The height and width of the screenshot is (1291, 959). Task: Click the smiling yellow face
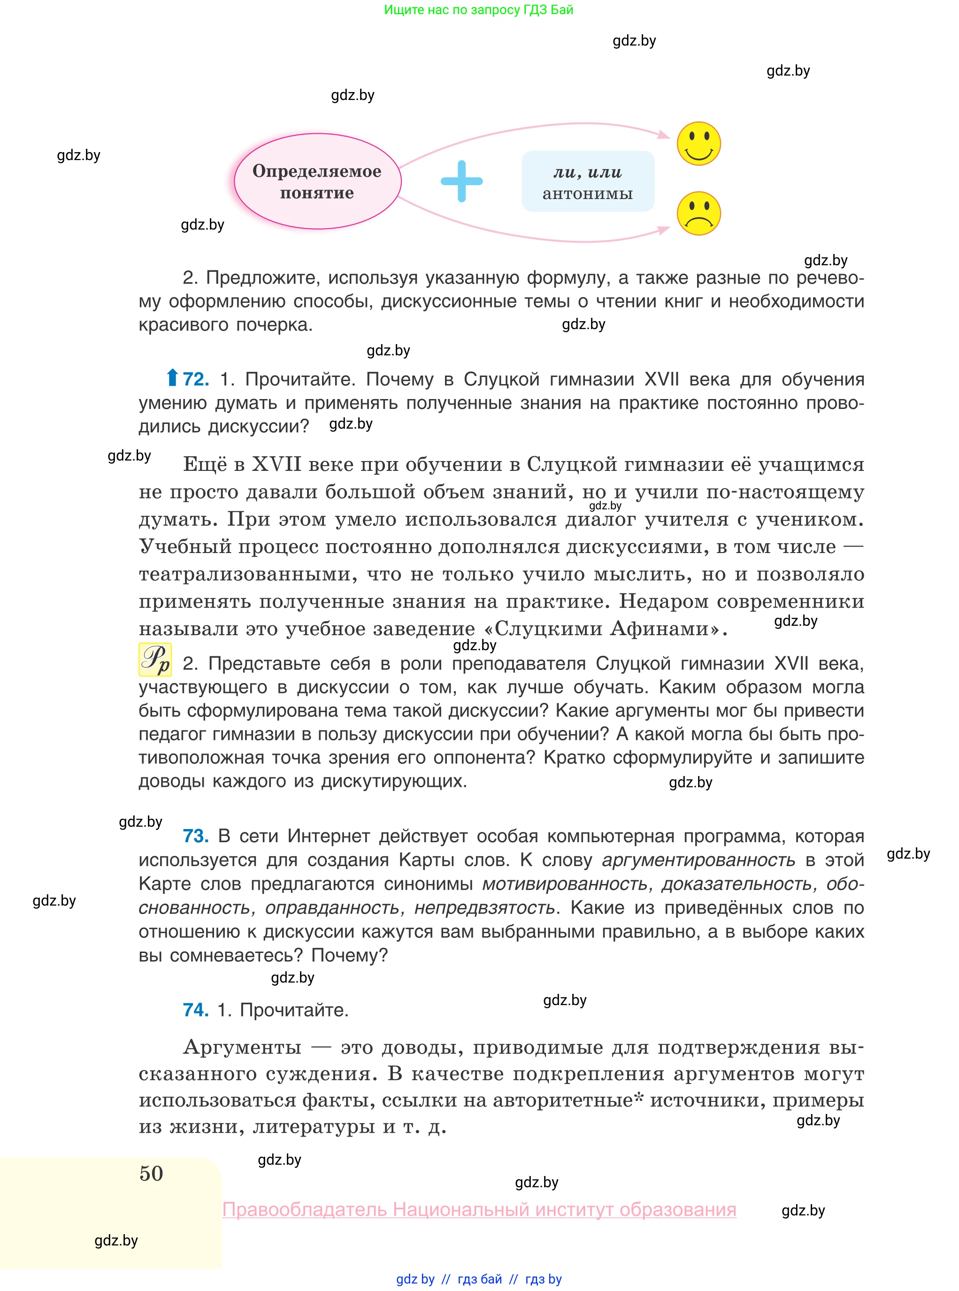coord(698,143)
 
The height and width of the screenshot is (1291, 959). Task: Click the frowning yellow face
coord(698,213)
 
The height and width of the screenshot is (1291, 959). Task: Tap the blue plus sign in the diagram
coord(461,181)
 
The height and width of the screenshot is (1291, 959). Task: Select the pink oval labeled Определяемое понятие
coord(317,181)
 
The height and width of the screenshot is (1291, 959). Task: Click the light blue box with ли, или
coord(588,181)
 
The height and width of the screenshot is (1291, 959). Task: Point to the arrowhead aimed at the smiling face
coord(664,135)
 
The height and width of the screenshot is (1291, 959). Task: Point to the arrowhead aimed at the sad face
coord(664,230)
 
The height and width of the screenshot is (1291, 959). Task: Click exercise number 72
coord(196,379)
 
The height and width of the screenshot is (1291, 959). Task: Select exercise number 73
coord(196,836)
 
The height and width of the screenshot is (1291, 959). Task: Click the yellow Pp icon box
coord(155,660)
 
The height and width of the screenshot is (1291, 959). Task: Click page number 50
coord(152,1173)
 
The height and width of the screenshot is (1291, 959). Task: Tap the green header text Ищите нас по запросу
coord(478,10)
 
